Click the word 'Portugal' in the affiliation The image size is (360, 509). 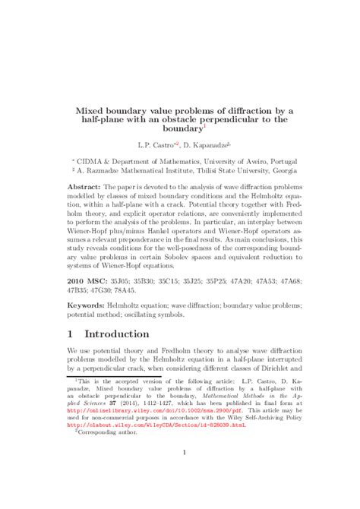point(277,162)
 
